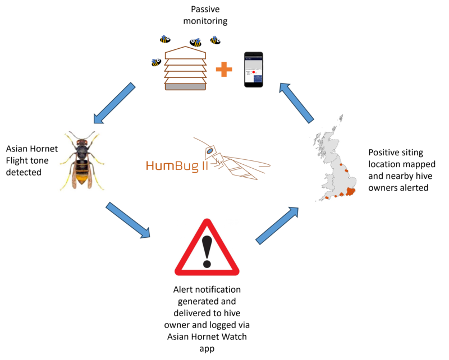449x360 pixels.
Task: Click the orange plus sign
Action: [x=223, y=70]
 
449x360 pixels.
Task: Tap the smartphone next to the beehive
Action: [x=253, y=69]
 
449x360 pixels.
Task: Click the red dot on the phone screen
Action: [x=254, y=72]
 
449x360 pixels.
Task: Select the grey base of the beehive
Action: [x=185, y=87]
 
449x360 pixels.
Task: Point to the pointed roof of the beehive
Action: [x=185, y=50]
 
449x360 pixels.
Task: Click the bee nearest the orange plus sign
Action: [x=215, y=40]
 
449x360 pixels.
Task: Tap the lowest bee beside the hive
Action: [x=156, y=62]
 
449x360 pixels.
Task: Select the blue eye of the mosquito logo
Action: [x=209, y=151]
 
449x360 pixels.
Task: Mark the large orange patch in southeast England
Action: [x=352, y=192]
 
